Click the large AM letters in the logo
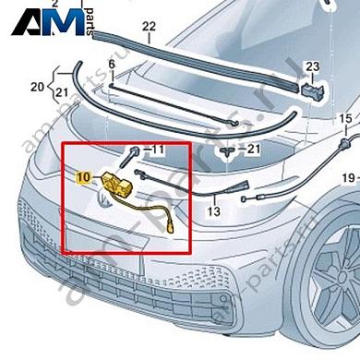pos(46,20)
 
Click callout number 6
pos(111,63)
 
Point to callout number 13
pos(213,211)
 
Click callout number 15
pos(345,119)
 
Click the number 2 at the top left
pos(54,3)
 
